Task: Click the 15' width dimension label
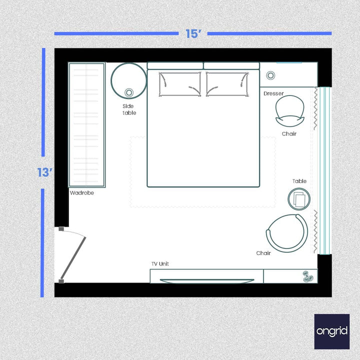193,34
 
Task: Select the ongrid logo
331,331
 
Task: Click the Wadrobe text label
81,192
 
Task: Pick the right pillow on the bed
227,84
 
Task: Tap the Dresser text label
273,93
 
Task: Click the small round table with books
300,199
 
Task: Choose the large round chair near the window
286,233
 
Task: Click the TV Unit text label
160,263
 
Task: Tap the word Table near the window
299,181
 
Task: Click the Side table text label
129,109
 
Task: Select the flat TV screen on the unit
206,281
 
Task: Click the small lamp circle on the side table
129,92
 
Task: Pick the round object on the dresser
270,75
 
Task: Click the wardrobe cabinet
86,124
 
